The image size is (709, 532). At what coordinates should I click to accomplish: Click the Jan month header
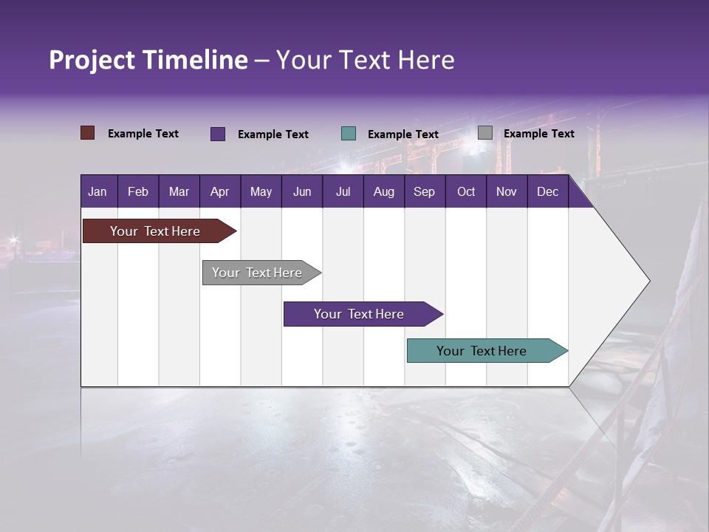tap(97, 191)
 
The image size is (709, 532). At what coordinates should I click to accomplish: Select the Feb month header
tap(138, 191)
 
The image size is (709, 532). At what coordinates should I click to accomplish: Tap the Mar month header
tap(179, 191)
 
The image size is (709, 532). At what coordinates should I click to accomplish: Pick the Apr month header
tap(219, 191)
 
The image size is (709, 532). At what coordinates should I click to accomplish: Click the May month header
tap(261, 191)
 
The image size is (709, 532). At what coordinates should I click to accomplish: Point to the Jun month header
tap(302, 191)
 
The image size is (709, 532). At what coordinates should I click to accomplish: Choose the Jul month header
tap(343, 191)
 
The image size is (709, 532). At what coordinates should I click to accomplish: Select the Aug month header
tap(383, 191)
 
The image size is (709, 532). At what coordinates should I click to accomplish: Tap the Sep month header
tap(424, 191)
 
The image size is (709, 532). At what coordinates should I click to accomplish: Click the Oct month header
tap(466, 191)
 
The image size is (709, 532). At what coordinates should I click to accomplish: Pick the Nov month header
tap(507, 191)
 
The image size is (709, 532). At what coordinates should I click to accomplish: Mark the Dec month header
tap(547, 191)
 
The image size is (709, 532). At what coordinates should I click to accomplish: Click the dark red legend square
tap(88, 133)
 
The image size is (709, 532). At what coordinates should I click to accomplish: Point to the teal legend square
tap(349, 134)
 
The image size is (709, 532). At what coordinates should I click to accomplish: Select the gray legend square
tap(485, 133)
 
